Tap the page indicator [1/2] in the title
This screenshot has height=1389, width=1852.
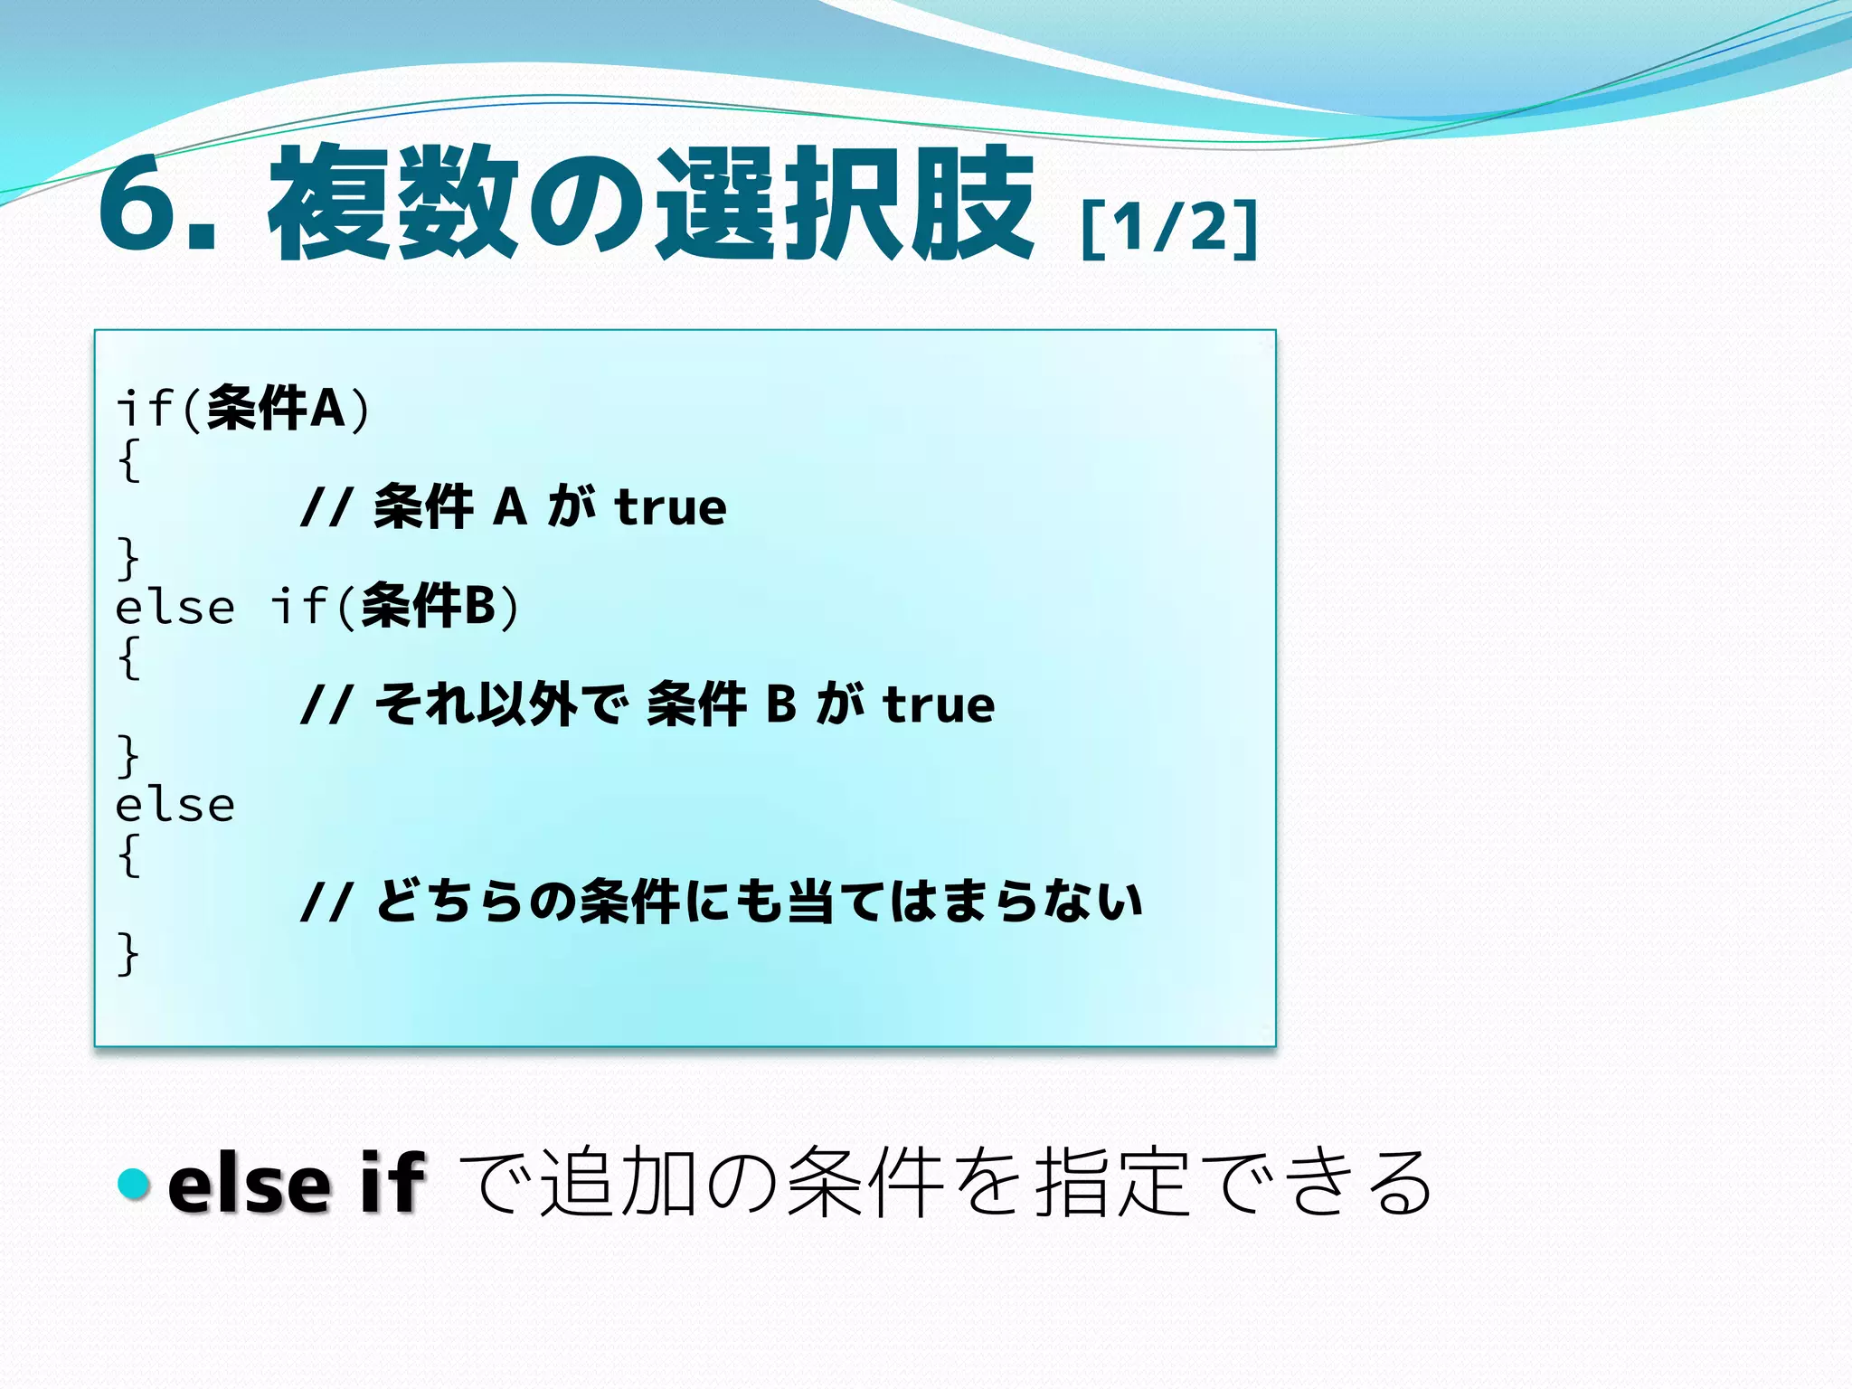click(x=1169, y=228)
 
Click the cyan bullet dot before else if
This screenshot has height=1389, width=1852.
click(x=134, y=1184)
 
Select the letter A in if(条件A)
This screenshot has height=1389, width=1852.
click(x=327, y=408)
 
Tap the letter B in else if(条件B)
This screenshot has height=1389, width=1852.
click(x=479, y=606)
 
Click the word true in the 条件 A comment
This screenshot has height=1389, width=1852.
click(x=670, y=507)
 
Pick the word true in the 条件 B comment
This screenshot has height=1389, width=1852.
click(x=939, y=704)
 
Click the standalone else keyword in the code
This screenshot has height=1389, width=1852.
click(x=175, y=804)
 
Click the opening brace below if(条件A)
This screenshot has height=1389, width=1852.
click(x=129, y=460)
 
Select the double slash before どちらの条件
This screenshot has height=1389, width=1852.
click(x=325, y=902)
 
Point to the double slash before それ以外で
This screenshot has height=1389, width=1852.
click(x=325, y=704)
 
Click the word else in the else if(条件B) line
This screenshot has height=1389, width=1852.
click(x=175, y=607)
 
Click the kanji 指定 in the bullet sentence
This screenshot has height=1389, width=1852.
click(x=1111, y=1182)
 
